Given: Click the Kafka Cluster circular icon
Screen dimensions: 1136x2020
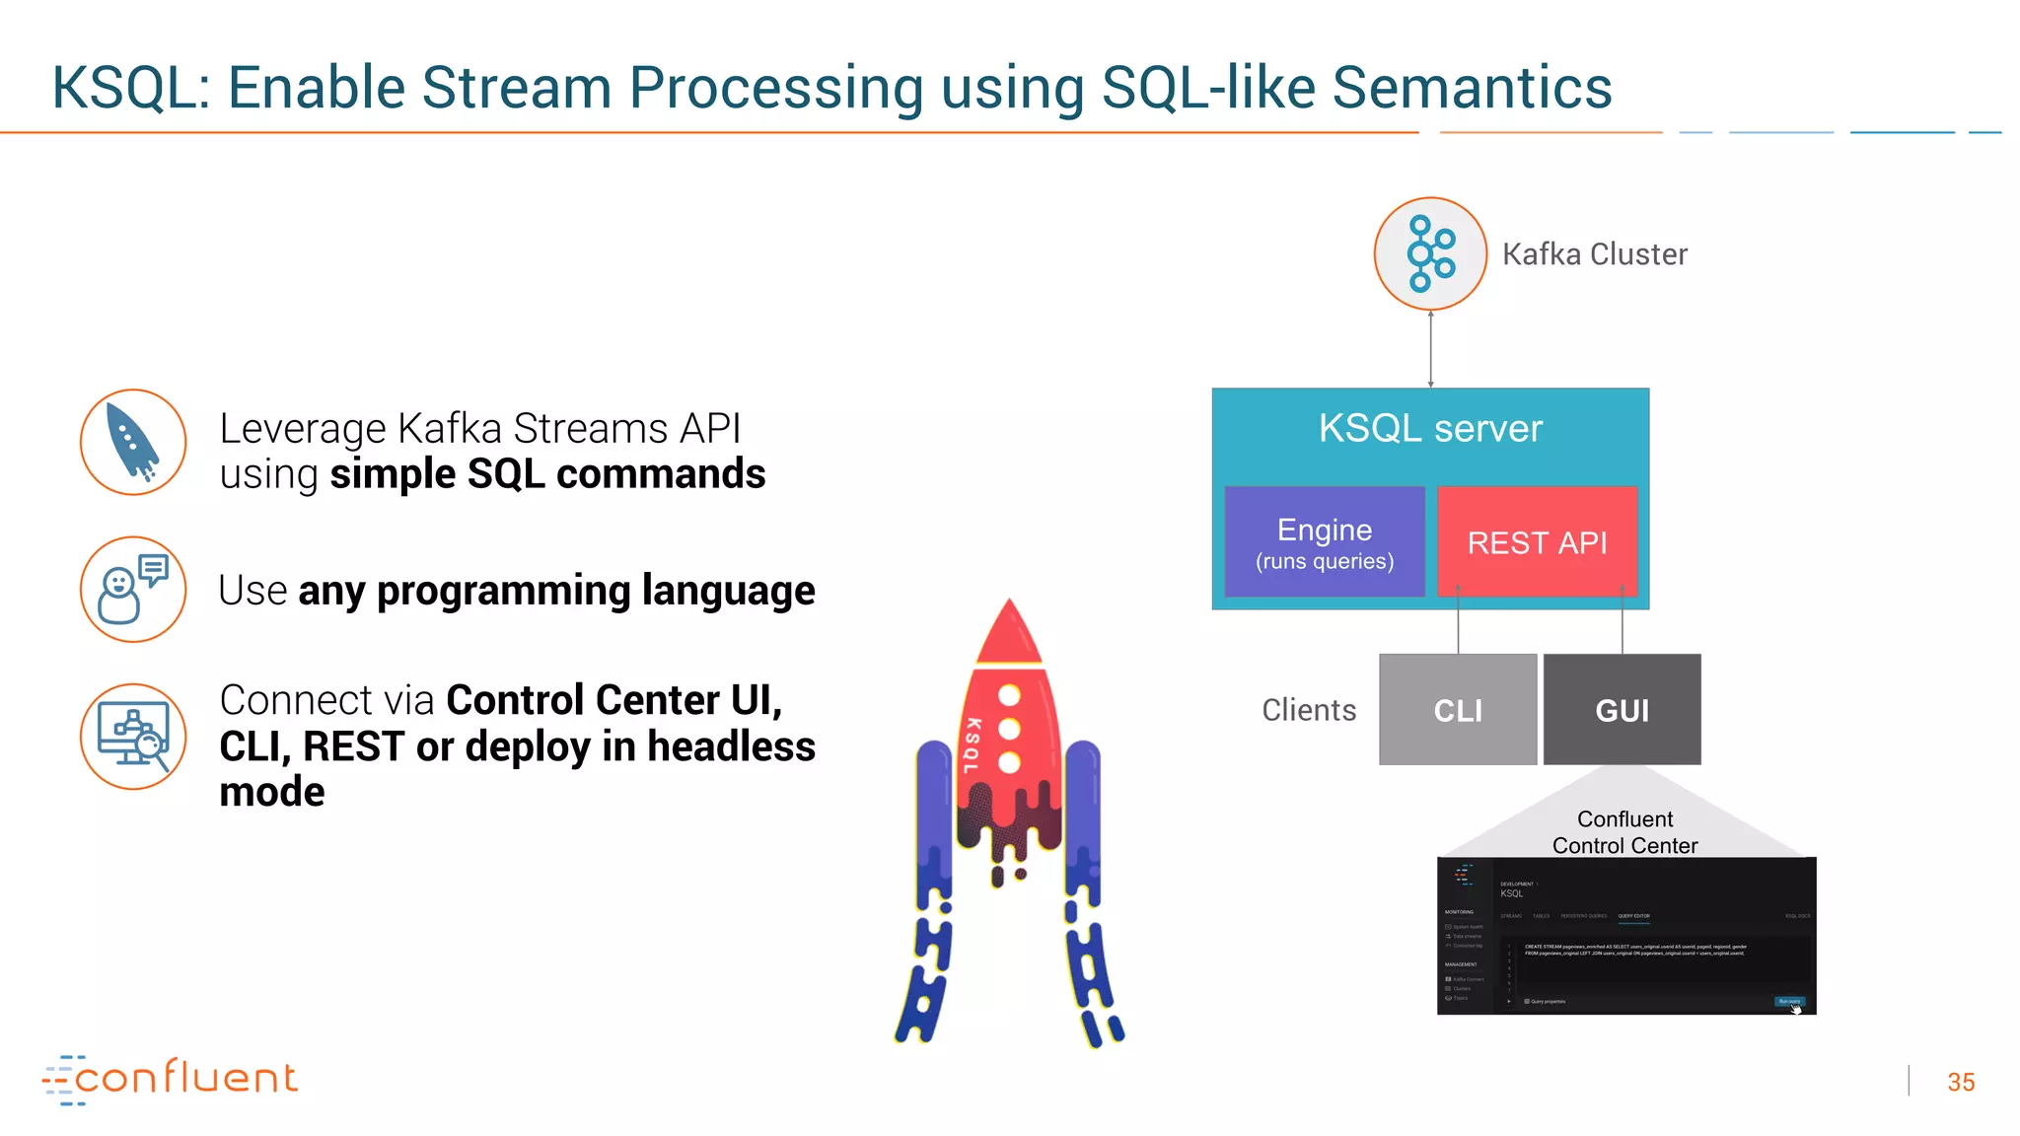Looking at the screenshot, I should point(1430,253).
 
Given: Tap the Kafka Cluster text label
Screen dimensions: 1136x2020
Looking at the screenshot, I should point(1594,254).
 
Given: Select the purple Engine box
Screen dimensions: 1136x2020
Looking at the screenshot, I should point(1324,542).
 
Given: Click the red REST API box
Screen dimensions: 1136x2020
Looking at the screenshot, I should point(1537,542).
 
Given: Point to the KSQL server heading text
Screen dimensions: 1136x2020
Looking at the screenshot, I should point(1430,429).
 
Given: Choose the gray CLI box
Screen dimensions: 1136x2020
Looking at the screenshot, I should point(1457,710).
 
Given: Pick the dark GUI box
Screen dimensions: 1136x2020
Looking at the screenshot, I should point(1622,710).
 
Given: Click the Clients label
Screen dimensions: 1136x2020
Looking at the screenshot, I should point(1309,710).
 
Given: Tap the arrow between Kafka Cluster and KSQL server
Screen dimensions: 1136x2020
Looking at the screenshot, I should point(1430,349).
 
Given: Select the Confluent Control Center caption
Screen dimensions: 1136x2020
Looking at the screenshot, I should point(1624,832).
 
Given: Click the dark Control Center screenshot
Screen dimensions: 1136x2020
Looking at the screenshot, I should point(1625,937).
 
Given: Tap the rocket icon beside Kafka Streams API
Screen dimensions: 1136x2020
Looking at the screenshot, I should point(133,443).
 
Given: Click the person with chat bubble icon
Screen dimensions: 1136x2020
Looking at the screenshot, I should point(133,590).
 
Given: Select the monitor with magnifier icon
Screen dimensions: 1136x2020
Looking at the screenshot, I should point(133,737).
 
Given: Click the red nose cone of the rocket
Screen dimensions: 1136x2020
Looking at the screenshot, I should point(1008,636).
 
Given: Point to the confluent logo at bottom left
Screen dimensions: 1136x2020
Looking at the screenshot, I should point(170,1079).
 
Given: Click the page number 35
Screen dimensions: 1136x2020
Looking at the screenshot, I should point(1960,1083).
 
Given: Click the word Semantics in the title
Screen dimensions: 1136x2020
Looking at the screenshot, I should point(1472,89).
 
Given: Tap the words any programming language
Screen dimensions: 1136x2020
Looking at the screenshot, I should point(556,591).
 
